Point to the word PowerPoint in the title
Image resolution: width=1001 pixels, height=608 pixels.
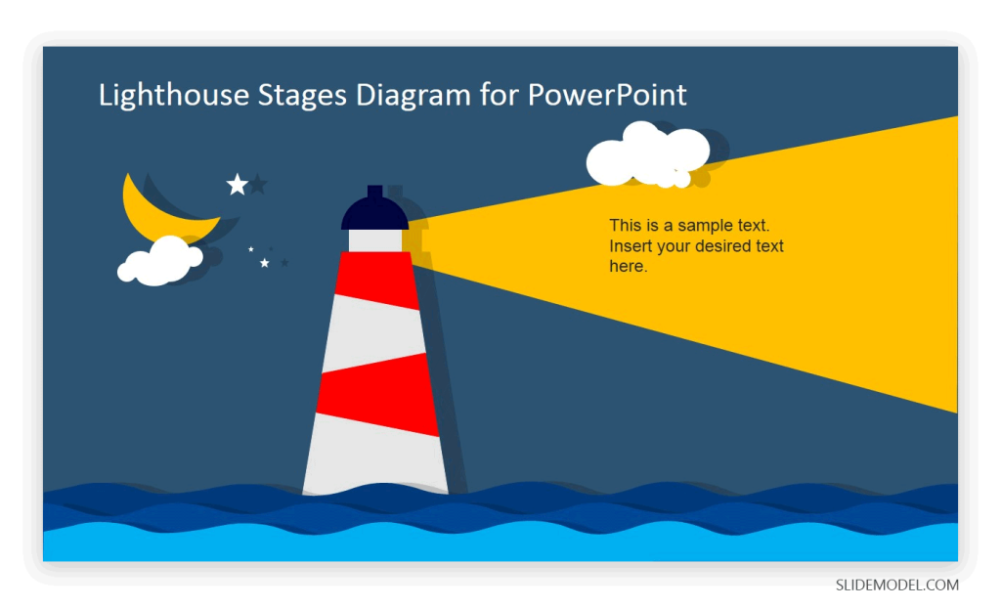click(607, 95)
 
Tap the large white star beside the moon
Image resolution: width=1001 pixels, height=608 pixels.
click(237, 184)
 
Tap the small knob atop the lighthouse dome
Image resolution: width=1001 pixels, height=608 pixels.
click(374, 192)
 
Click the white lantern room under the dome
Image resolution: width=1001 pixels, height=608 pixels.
click(374, 240)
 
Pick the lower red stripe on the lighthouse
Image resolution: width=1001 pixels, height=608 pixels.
click(376, 393)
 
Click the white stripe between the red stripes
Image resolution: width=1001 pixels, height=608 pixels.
click(375, 332)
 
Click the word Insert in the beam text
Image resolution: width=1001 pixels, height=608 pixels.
click(631, 246)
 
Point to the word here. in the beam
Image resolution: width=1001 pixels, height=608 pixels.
click(628, 266)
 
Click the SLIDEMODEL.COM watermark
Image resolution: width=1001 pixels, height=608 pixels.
click(896, 586)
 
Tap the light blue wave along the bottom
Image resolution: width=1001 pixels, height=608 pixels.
click(500, 545)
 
